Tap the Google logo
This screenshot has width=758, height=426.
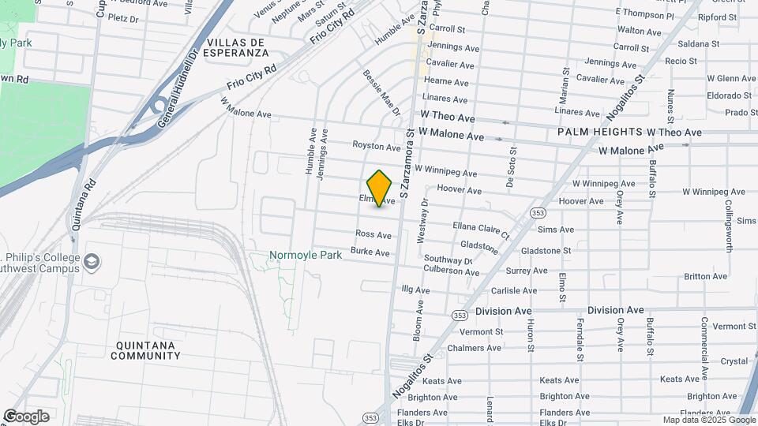point(26,417)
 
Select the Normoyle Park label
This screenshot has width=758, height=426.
point(306,256)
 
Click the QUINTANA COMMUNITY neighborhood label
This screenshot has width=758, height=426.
point(146,350)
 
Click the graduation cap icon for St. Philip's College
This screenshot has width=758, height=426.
point(92,261)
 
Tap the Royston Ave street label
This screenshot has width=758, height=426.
point(377,147)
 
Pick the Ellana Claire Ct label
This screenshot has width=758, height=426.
point(481,230)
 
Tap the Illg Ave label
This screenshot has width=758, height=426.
point(415,290)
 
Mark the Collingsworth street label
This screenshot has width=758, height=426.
point(729,226)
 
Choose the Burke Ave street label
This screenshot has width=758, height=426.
point(370,252)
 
